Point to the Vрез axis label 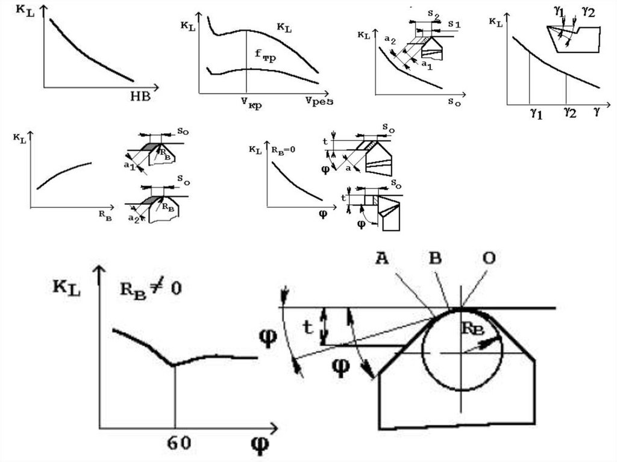click(x=319, y=101)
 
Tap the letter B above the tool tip click(x=434, y=257)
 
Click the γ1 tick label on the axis click(x=536, y=111)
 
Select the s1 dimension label click(x=454, y=23)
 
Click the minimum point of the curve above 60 click(x=174, y=364)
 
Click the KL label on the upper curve click(x=284, y=27)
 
